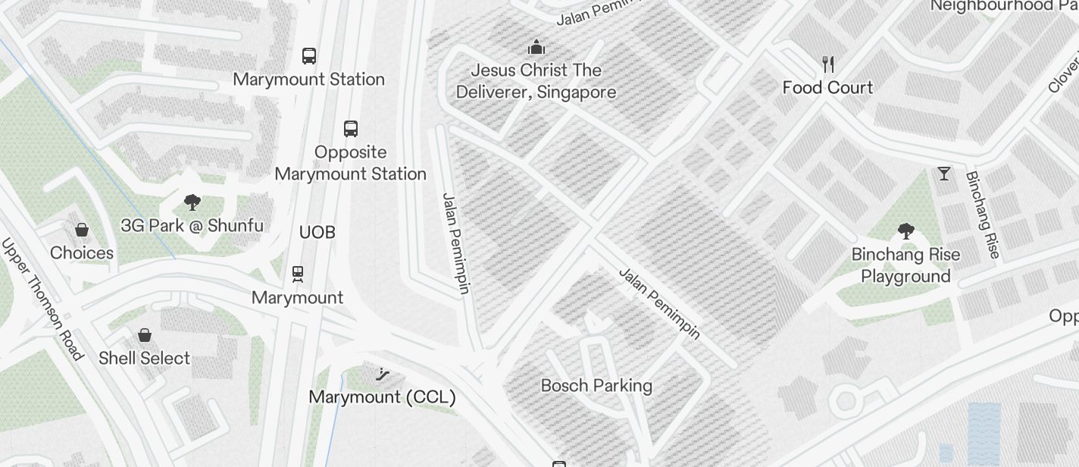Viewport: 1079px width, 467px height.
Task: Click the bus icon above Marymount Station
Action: pyautogui.click(x=309, y=55)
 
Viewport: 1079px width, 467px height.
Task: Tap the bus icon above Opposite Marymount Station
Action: pyautogui.click(x=350, y=128)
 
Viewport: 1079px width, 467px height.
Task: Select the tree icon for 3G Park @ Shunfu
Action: pyautogui.click(x=192, y=202)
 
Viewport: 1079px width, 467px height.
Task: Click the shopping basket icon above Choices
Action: pyautogui.click(x=82, y=230)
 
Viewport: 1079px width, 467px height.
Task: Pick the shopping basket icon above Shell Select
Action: pyautogui.click(x=144, y=334)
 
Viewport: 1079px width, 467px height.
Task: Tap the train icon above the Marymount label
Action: pyautogui.click(x=298, y=274)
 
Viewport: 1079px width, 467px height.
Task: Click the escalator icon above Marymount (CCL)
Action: pyautogui.click(x=383, y=373)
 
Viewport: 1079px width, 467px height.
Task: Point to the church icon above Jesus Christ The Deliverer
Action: pyautogui.click(x=536, y=48)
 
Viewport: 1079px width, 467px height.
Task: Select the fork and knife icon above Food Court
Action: pyautogui.click(x=828, y=64)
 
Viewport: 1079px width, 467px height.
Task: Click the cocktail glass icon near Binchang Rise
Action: pyautogui.click(x=943, y=174)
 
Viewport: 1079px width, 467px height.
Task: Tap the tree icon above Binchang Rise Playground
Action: pyautogui.click(x=905, y=231)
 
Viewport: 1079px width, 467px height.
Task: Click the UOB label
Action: pyautogui.click(x=317, y=232)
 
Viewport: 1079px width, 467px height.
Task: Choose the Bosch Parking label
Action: pyautogui.click(x=596, y=385)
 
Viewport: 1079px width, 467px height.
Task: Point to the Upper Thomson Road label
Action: pyautogui.click(x=42, y=299)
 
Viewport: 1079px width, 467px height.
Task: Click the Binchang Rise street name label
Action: pyautogui.click(x=983, y=215)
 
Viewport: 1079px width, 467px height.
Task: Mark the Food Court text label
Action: pyautogui.click(x=827, y=87)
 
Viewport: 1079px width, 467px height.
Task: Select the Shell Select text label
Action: pyautogui.click(x=144, y=358)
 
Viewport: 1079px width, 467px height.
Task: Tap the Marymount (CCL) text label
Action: pyautogui.click(x=383, y=396)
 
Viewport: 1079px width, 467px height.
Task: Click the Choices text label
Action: pyautogui.click(x=82, y=252)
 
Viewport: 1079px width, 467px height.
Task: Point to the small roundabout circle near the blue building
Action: pyautogui.click(x=846, y=401)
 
